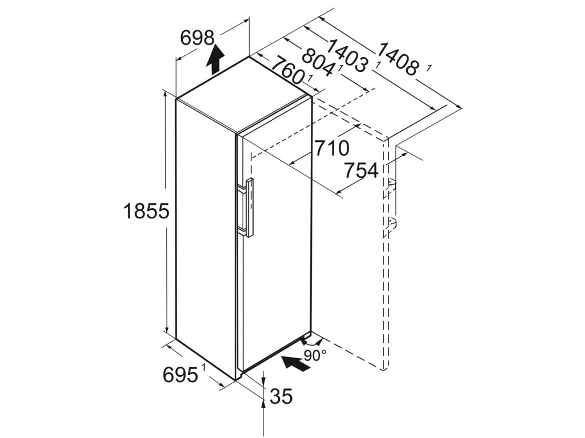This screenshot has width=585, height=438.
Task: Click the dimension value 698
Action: pyautogui.click(x=197, y=38)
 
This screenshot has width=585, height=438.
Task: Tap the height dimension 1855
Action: pyautogui.click(x=146, y=212)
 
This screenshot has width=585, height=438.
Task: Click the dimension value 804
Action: pyautogui.click(x=318, y=62)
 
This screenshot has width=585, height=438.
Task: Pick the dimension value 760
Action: pyautogui.click(x=286, y=70)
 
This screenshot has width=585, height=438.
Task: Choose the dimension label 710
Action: pyautogui.click(x=330, y=148)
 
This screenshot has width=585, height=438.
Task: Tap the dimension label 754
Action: pyautogui.click(x=360, y=169)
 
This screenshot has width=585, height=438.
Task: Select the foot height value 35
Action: pyautogui.click(x=281, y=396)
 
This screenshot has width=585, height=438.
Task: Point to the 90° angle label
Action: pyautogui.click(x=315, y=355)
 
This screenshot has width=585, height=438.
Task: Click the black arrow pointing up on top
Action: pyautogui.click(x=215, y=59)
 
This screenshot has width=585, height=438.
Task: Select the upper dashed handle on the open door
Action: pyautogui.click(x=391, y=185)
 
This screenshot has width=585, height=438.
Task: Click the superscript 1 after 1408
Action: pyautogui.click(x=428, y=68)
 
